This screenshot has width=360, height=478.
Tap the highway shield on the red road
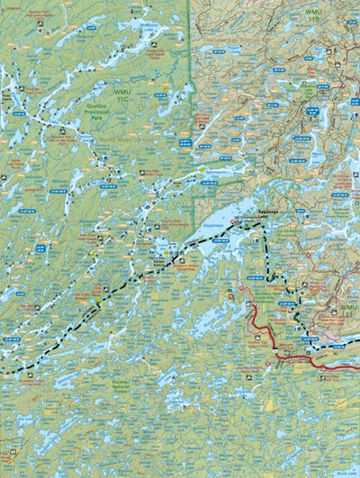click(267, 365)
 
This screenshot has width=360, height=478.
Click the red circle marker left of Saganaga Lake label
click(232, 221)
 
